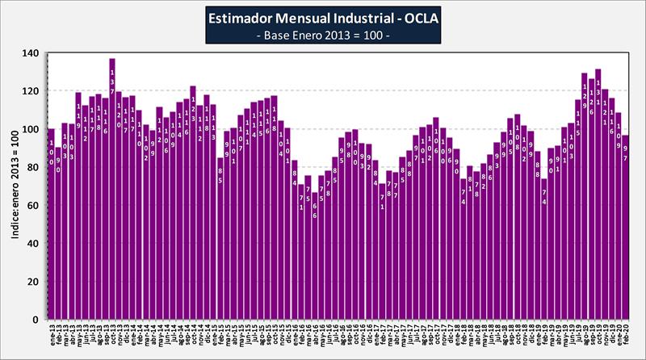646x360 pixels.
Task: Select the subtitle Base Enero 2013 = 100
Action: [x=322, y=36]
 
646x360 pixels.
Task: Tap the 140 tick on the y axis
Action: [x=31, y=53]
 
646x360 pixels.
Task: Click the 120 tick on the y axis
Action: [x=31, y=91]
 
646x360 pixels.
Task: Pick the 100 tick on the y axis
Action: [x=31, y=129]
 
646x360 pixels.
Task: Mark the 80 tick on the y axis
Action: [x=32, y=167]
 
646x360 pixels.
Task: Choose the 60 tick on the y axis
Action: [x=32, y=205]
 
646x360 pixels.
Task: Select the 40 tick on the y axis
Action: [x=32, y=243]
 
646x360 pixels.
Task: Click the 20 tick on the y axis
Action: [x=32, y=281]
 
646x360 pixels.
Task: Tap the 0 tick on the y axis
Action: [x=35, y=319]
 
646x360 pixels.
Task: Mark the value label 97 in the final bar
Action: [x=625, y=153]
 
